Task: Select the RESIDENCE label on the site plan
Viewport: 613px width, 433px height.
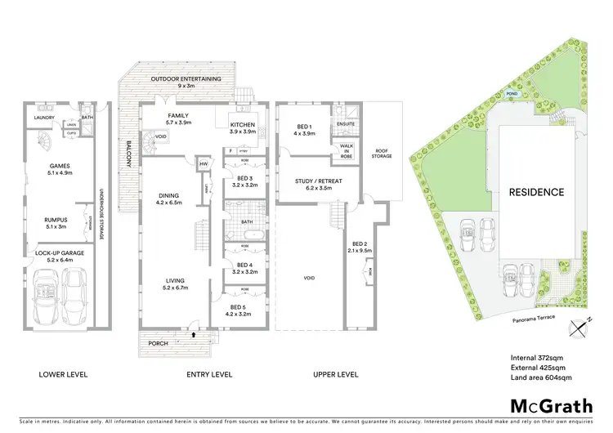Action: pyautogui.click(x=537, y=193)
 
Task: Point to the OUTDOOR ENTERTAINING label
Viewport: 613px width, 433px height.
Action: pyautogui.click(x=186, y=79)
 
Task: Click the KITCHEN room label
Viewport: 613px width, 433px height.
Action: pyautogui.click(x=243, y=126)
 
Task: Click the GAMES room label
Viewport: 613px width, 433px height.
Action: pyautogui.click(x=61, y=168)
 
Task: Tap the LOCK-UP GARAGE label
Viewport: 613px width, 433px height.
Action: pyautogui.click(x=61, y=254)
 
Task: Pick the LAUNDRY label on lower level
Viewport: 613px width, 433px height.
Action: pyautogui.click(x=44, y=117)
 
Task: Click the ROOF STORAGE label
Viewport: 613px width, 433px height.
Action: pyautogui.click(x=381, y=154)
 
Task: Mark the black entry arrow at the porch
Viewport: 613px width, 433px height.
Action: pyautogui.click(x=194, y=333)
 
